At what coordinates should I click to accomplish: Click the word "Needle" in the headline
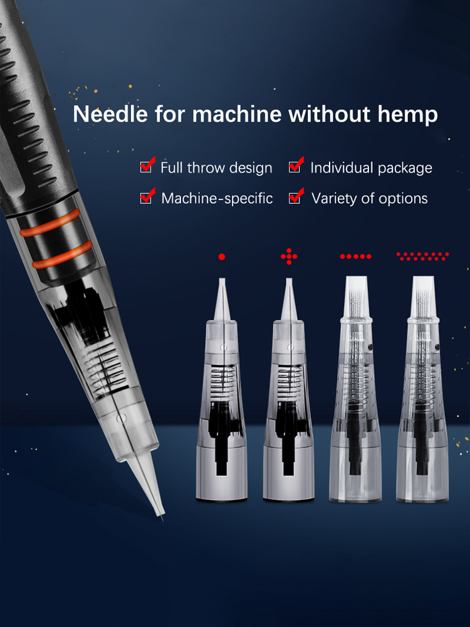click(x=110, y=113)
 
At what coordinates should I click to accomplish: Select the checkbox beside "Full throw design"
click(x=146, y=167)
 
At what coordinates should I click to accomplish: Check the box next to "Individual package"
click(x=295, y=167)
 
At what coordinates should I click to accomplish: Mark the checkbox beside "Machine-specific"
click(x=146, y=198)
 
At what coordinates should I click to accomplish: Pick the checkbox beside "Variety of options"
click(x=295, y=198)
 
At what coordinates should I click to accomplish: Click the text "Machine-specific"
click(x=217, y=198)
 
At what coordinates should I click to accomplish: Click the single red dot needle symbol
click(x=222, y=256)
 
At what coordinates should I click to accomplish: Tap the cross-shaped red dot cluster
click(x=289, y=256)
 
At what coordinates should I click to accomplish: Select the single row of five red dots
click(x=356, y=256)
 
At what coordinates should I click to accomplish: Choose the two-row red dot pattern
click(x=422, y=256)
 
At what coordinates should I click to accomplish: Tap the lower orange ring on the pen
click(x=62, y=255)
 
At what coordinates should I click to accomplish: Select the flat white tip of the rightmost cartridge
click(x=423, y=295)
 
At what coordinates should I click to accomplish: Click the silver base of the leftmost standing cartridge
click(x=221, y=474)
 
